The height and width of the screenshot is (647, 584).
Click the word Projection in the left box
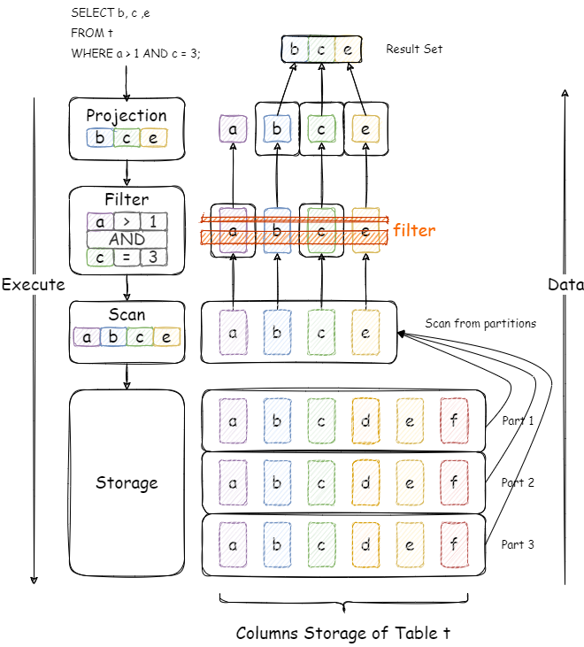127,115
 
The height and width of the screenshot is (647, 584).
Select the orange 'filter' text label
414,230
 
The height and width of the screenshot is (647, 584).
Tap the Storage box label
127,482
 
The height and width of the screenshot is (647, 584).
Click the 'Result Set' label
414,49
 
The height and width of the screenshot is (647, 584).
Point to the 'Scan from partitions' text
480,324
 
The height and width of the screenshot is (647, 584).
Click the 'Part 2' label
518,483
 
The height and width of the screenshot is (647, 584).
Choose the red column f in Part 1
453,421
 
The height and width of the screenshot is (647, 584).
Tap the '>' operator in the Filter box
127,221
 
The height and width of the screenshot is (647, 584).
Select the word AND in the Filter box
127,239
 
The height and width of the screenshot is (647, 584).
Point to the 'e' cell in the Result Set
348,50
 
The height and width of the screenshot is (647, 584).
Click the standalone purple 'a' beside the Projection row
233,129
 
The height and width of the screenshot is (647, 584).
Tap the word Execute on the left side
33,285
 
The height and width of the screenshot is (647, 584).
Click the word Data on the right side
565,285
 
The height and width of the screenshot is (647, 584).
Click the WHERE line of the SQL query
135,53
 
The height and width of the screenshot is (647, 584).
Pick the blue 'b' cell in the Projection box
100,138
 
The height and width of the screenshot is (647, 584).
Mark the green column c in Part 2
321,483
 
